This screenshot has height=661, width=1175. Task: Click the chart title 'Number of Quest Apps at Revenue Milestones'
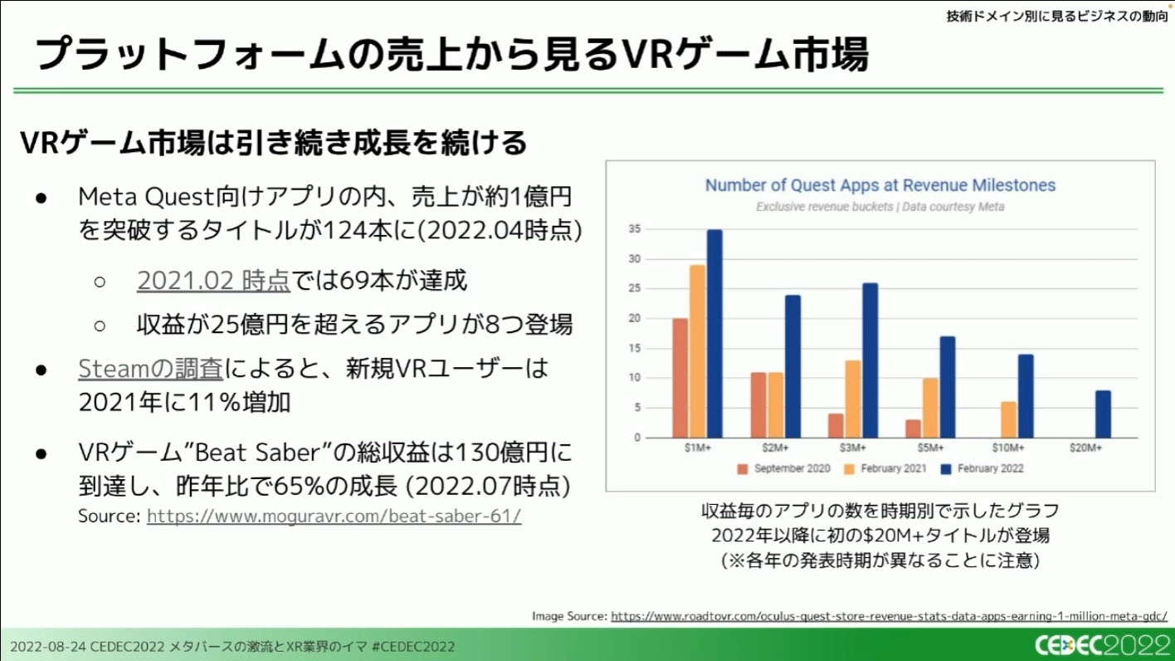pyautogui.click(x=880, y=185)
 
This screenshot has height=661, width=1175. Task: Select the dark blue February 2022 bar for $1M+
pyautogui.click(x=714, y=334)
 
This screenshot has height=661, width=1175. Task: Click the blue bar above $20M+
pyautogui.click(x=1103, y=414)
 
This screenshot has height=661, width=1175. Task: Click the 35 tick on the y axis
pyautogui.click(x=635, y=229)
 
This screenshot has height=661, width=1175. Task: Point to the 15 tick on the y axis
pyautogui.click(x=635, y=348)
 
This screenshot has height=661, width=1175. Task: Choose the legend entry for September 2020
pyautogui.click(x=783, y=468)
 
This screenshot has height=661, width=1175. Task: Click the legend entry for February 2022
pyautogui.click(x=982, y=468)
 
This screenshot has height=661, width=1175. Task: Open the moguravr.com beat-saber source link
pyautogui.click(x=334, y=516)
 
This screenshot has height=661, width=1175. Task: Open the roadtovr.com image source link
pyautogui.click(x=889, y=616)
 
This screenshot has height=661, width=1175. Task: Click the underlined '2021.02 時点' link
pyautogui.click(x=213, y=281)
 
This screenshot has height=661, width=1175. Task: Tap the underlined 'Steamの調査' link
pyautogui.click(x=152, y=368)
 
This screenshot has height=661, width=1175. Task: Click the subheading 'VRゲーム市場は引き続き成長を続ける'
pyautogui.click(x=274, y=143)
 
